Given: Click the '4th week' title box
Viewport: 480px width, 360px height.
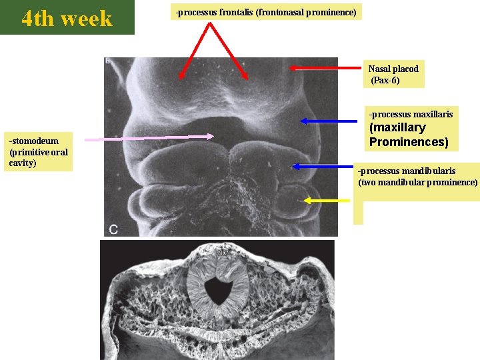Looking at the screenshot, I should (67, 18).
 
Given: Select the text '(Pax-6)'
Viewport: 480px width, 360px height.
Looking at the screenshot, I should (387, 81).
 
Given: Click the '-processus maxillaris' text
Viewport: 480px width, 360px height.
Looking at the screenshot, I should (411, 114).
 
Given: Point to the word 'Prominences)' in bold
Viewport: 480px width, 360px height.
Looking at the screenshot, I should (409, 142).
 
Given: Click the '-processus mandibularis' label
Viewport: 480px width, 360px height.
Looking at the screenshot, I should (407, 171).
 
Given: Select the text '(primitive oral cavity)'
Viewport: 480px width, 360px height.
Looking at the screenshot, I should (38, 157).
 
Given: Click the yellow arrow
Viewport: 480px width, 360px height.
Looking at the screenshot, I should (327, 199).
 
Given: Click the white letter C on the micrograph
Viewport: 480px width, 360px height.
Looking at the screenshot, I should (113, 229).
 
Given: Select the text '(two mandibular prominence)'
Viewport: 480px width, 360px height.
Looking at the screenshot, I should (418, 182).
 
